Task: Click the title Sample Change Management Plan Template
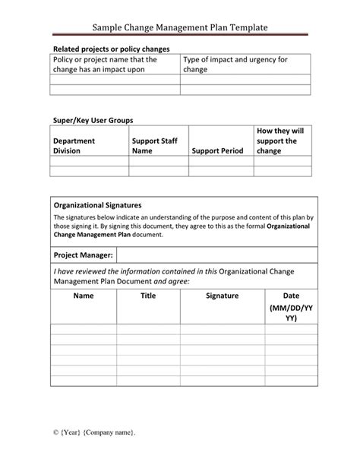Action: (x=180, y=27)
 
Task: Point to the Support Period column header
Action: (x=217, y=150)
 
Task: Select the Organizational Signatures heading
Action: (x=98, y=205)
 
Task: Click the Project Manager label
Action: (x=84, y=255)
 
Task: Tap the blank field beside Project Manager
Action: (x=216, y=255)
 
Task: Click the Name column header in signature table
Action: (x=84, y=296)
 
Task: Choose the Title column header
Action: (x=148, y=296)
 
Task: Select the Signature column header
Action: (x=222, y=296)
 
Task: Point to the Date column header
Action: (x=291, y=296)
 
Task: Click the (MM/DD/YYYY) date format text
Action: (x=291, y=315)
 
